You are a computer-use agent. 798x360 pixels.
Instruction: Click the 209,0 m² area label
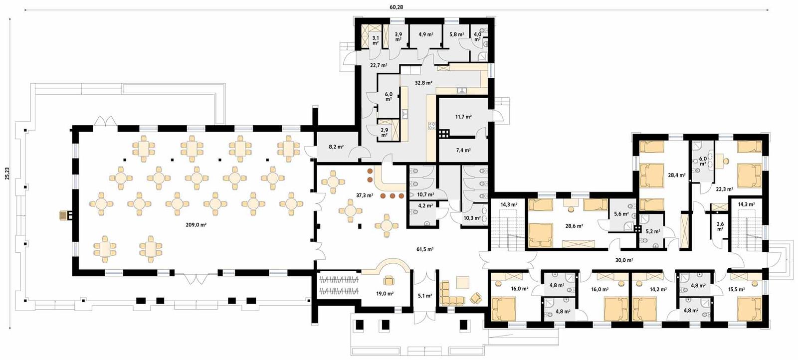196,225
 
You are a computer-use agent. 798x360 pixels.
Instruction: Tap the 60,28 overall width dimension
396,7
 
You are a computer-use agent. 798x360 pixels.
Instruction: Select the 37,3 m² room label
364,195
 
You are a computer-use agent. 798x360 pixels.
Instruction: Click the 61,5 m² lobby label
425,249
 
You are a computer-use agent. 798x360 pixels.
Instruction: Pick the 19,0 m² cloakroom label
385,294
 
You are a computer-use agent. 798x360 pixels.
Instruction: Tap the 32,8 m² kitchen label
423,83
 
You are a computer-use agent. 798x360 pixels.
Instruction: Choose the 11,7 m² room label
463,117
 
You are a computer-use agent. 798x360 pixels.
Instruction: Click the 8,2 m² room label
336,147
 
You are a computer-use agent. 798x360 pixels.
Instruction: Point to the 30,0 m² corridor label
623,260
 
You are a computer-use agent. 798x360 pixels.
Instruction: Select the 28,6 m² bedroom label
574,226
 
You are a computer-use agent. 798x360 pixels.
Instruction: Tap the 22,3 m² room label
724,189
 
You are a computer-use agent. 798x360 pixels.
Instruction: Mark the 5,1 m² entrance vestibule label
424,296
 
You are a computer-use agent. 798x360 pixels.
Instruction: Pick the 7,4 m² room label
463,150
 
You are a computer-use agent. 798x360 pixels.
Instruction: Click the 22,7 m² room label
379,65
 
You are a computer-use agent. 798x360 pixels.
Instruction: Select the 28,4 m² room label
676,175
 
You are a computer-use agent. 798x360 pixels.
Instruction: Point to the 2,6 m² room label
720,226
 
